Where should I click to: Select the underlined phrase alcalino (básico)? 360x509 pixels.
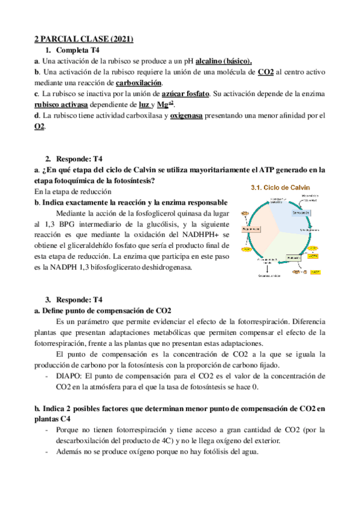tap(223, 61)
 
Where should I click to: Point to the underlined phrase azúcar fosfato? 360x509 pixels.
tap(185, 94)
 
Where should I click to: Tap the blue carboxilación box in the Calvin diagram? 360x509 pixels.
tap(301, 212)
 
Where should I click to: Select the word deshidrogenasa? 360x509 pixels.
tap(163, 267)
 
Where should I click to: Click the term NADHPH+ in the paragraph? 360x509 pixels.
tap(203, 235)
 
